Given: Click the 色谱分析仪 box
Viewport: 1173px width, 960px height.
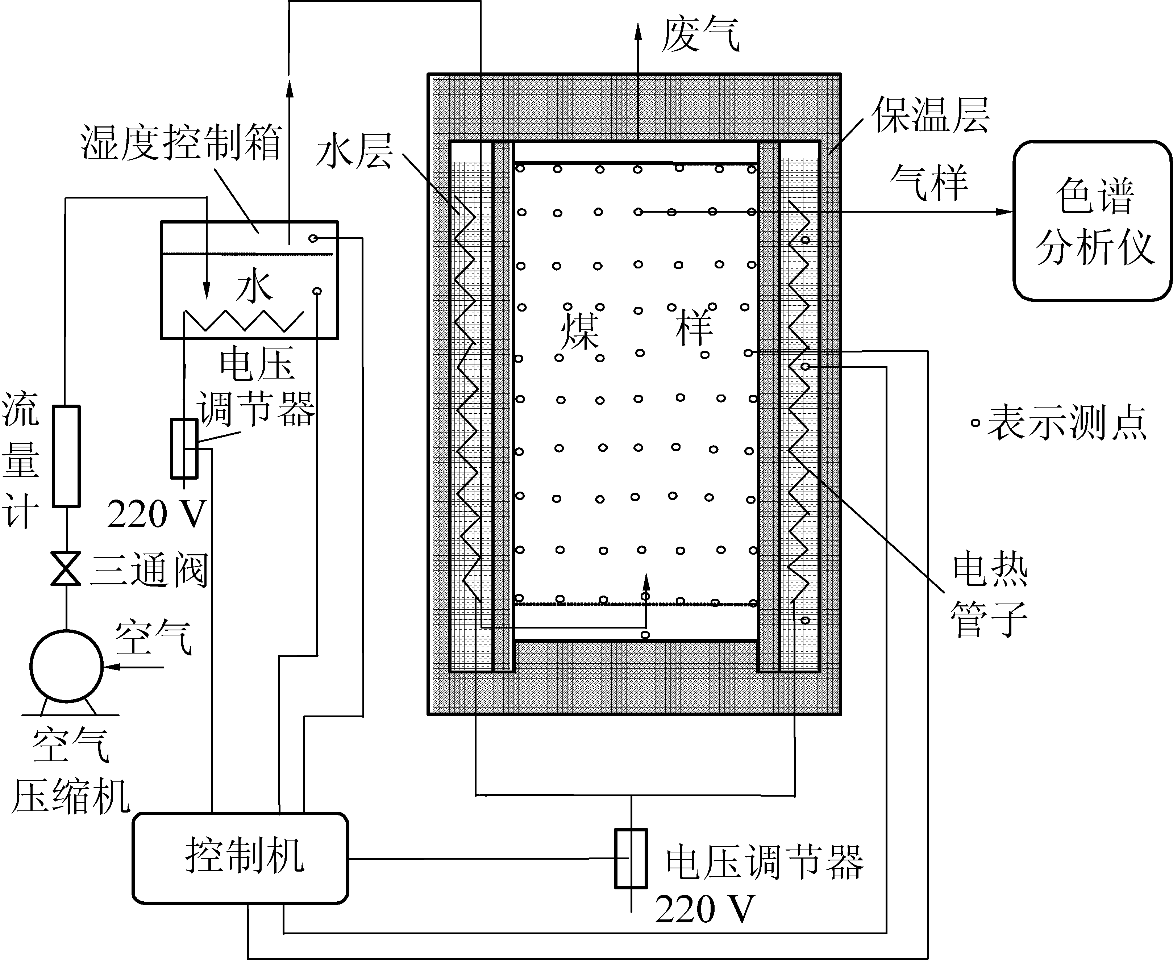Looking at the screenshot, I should coord(1092,221).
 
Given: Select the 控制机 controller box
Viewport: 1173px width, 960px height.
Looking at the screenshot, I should coord(241,858).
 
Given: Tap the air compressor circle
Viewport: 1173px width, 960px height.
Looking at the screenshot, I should coord(66,666).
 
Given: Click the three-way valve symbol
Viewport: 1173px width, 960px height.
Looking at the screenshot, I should coord(66,568).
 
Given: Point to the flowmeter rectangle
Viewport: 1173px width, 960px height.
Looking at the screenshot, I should coord(66,456).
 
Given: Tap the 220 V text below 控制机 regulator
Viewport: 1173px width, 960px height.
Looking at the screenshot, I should coord(704,909).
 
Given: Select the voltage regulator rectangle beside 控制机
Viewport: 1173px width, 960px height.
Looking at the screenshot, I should coord(631,859).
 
